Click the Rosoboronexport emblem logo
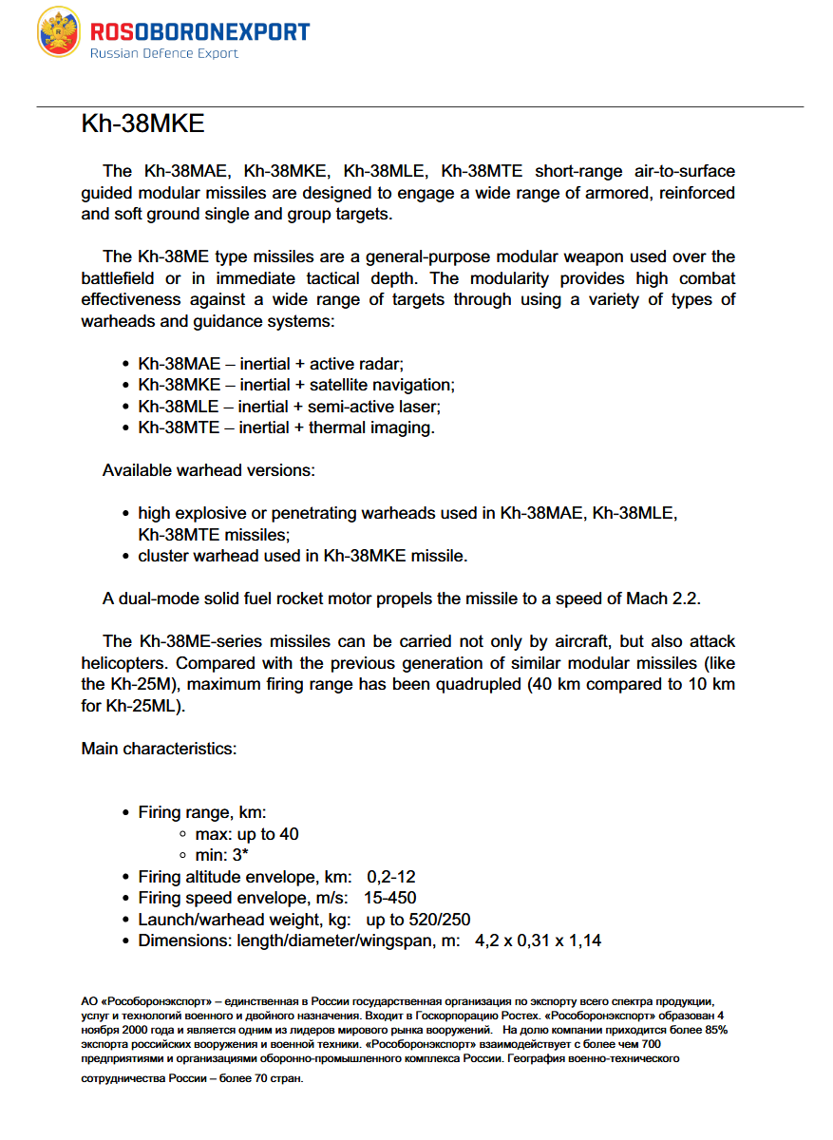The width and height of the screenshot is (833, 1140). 59,32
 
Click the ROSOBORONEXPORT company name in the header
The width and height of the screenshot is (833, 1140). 199,31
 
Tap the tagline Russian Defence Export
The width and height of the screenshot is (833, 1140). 163,54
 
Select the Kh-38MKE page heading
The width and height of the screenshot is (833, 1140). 143,124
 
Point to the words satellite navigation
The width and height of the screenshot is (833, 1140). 382,385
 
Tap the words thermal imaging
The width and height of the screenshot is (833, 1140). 371,427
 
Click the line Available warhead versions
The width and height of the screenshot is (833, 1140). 209,470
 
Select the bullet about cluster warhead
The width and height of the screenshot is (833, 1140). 302,556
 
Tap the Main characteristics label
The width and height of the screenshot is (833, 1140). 159,749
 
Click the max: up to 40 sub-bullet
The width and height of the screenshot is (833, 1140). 247,834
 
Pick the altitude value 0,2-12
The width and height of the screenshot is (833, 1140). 391,877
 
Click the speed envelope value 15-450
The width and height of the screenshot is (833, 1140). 389,898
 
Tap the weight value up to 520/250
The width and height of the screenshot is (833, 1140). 418,920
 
